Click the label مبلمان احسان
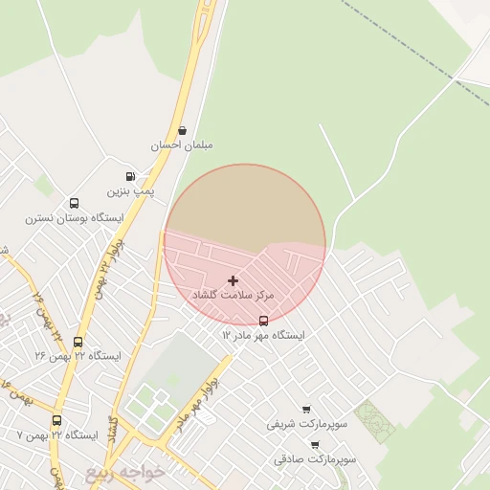pyautogui.click(x=181, y=145)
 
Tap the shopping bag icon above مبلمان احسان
pyautogui.click(x=182, y=130)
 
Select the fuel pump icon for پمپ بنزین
pyautogui.click(x=130, y=177)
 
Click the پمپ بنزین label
pyautogui.click(x=130, y=192)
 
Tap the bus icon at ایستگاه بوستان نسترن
pyautogui.click(x=74, y=203)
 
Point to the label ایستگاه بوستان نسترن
pyautogui.click(x=75, y=218)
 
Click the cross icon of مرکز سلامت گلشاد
pyautogui.click(x=234, y=280)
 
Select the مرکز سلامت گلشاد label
pyautogui.click(x=234, y=296)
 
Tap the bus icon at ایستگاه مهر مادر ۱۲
pyautogui.click(x=264, y=321)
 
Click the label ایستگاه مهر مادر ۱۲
pyautogui.click(x=264, y=336)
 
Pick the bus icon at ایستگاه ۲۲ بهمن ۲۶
pyautogui.click(x=78, y=342)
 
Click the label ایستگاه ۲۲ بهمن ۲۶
pyautogui.click(x=78, y=356)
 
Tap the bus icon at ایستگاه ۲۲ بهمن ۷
pyautogui.click(x=57, y=420)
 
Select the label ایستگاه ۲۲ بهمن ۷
pyautogui.click(x=57, y=435)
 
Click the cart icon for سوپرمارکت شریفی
pyautogui.click(x=306, y=409)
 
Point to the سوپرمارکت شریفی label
pyautogui.click(x=304, y=423)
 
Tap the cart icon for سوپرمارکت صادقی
pyautogui.click(x=315, y=445)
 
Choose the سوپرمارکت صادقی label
pyautogui.click(x=315, y=459)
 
